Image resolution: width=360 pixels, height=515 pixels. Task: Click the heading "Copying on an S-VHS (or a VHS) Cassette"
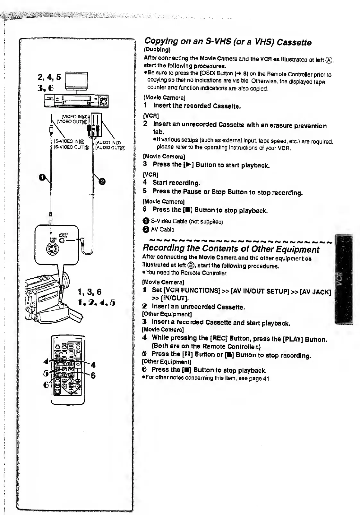tap(227, 42)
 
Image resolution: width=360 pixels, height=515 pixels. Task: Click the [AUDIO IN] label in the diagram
tap(108, 142)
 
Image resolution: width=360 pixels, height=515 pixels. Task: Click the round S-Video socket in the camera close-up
tap(52, 249)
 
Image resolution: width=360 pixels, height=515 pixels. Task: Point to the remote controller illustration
tap(68, 369)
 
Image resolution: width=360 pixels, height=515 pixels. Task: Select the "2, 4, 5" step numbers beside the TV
tap(49, 77)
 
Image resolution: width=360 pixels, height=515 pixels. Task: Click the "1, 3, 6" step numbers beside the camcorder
tap(90, 292)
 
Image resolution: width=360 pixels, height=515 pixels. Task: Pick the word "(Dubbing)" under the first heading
tap(157, 50)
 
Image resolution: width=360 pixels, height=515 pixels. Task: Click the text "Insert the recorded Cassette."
tap(197, 106)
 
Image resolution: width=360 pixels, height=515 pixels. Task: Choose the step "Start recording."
tap(176, 183)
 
